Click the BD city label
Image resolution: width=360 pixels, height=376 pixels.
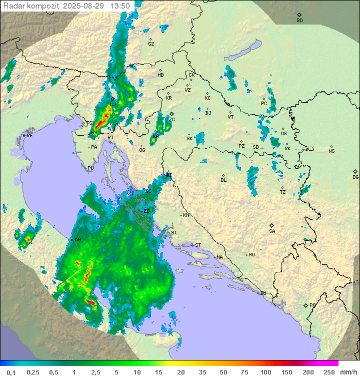[x=299, y=21]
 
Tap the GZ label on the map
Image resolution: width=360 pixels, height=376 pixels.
[x=151, y=44]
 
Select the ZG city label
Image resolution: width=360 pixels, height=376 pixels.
[x=172, y=120]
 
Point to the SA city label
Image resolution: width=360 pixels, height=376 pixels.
[x=272, y=231]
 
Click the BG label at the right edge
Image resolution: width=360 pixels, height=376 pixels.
[x=355, y=177]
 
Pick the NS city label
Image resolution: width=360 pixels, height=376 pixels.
[x=331, y=151]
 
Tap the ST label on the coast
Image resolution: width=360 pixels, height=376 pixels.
[x=198, y=245]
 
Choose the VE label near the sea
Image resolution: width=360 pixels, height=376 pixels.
[x=29, y=136]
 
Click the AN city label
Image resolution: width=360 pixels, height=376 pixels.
[x=77, y=240]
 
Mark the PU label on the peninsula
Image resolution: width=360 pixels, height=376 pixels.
[x=90, y=169]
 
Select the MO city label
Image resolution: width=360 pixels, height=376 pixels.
[x=251, y=255]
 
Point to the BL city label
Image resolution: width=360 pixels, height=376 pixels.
[x=223, y=180]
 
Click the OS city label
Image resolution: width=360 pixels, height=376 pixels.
[x=283, y=134]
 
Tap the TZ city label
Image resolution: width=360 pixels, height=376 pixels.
[x=282, y=192]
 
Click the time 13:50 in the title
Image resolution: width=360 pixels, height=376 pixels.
[x=120, y=6]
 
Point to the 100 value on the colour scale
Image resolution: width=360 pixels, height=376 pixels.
[x=265, y=372]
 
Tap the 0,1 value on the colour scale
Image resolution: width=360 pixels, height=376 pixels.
[x=11, y=372]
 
